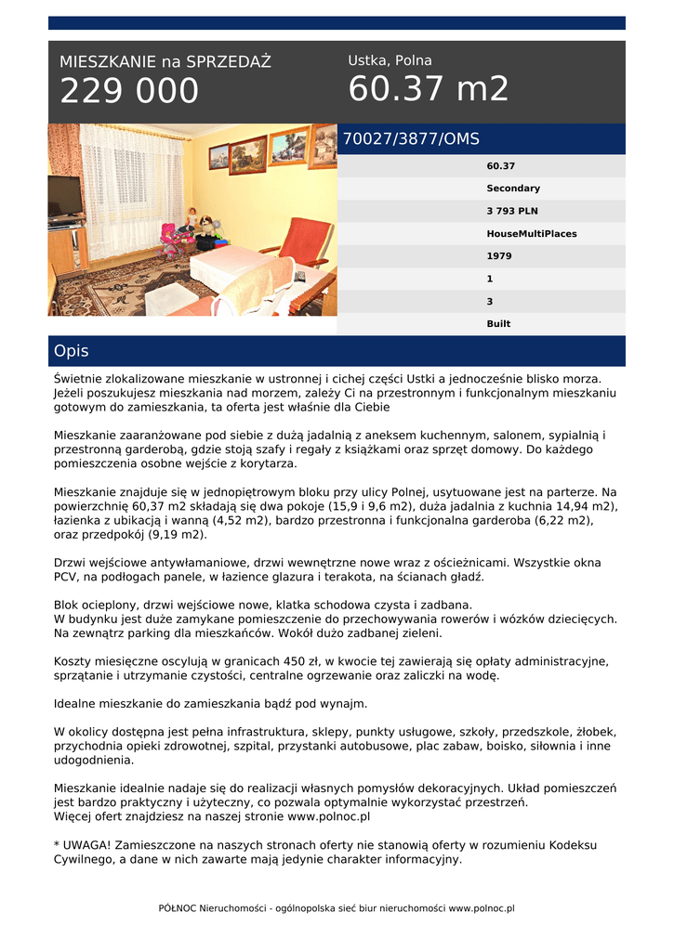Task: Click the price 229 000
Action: (129, 91)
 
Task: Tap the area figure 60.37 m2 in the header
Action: (429, 89)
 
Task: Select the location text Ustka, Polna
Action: (390, 60)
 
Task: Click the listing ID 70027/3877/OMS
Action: (411, 139)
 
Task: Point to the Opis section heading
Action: (72, 351)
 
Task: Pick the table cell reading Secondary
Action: (513, 189)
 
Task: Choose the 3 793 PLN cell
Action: (512, 211)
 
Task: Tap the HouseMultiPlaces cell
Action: (531, 234)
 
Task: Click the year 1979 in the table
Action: (499, 256)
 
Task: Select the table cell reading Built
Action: (498, 324)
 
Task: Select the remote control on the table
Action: (299, 277)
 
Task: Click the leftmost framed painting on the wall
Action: (219, 157)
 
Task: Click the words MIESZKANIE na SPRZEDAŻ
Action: (165, 62)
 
